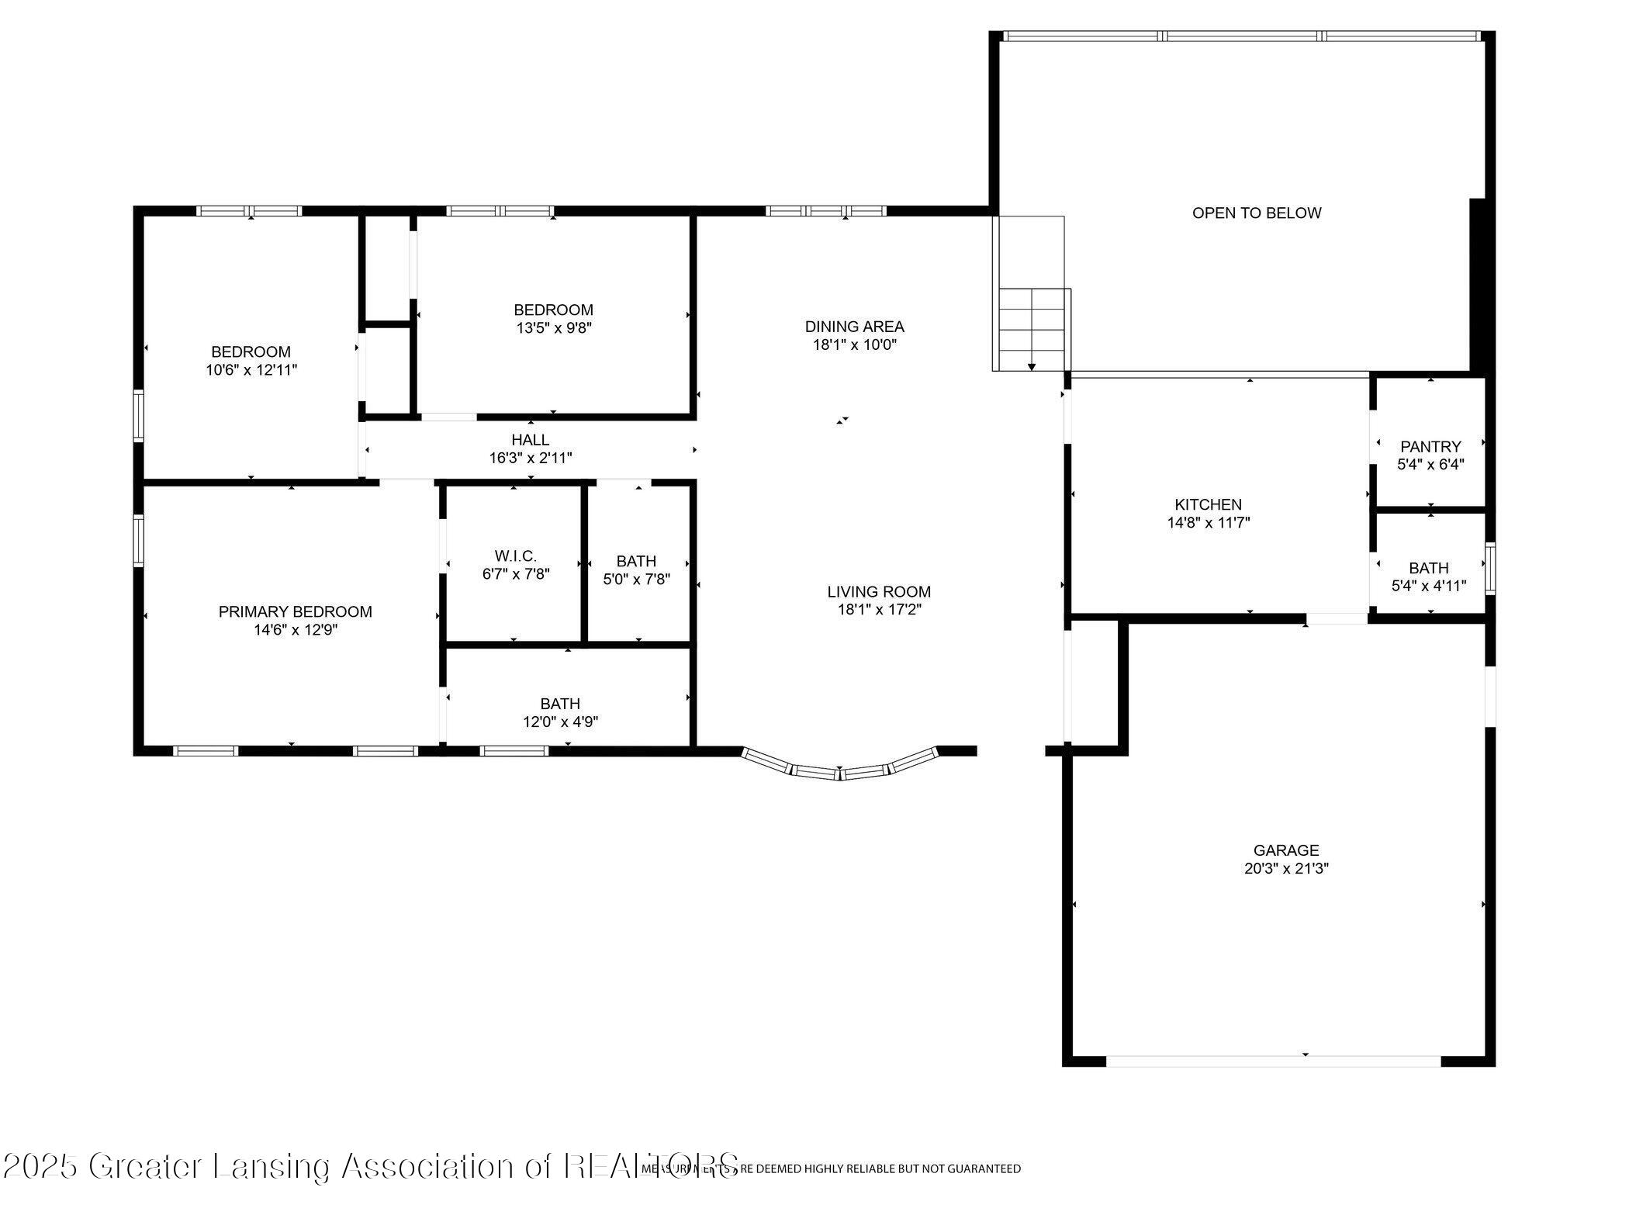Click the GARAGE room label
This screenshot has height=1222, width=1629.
(1285, 850)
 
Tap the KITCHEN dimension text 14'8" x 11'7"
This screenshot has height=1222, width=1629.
(1208, 523)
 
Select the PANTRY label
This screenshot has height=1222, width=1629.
(1430, 447)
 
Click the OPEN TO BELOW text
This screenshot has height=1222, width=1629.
(1256, 213)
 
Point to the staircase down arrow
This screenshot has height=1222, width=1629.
(1031, 365)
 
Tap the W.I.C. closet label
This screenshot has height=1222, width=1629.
(515, 556)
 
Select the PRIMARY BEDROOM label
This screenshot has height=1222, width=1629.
(295, 612)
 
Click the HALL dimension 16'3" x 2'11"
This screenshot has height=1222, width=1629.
(530, 459)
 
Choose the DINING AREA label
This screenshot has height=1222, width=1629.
(854, 327)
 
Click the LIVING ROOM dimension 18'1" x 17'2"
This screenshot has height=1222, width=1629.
(878, 610)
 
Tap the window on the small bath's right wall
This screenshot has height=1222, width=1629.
(1490, 569)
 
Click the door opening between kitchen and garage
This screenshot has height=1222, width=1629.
(1336, 618)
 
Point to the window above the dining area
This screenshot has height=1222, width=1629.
(825, 211)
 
